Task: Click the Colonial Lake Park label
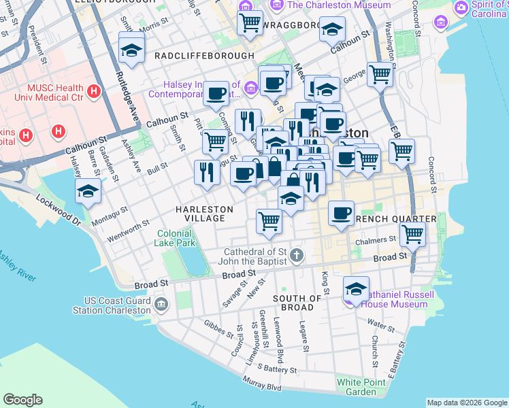click(x=176, y=237)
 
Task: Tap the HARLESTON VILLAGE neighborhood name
click(x=199, y=214)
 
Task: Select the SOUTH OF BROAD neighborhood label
click(x=297, y=303)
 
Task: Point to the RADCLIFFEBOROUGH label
click(x=204, y=56)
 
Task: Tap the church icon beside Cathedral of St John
click(x=295, y=256)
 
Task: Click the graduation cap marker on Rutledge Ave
click(x=131, y=49)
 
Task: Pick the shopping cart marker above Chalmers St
click(x=412, y=235)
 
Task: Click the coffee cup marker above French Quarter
click(x=341, y=213)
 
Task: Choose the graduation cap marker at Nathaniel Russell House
click(x=356, y=288)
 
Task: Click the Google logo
click(x=22, y=400)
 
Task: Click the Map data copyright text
click(x=466, y=402)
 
